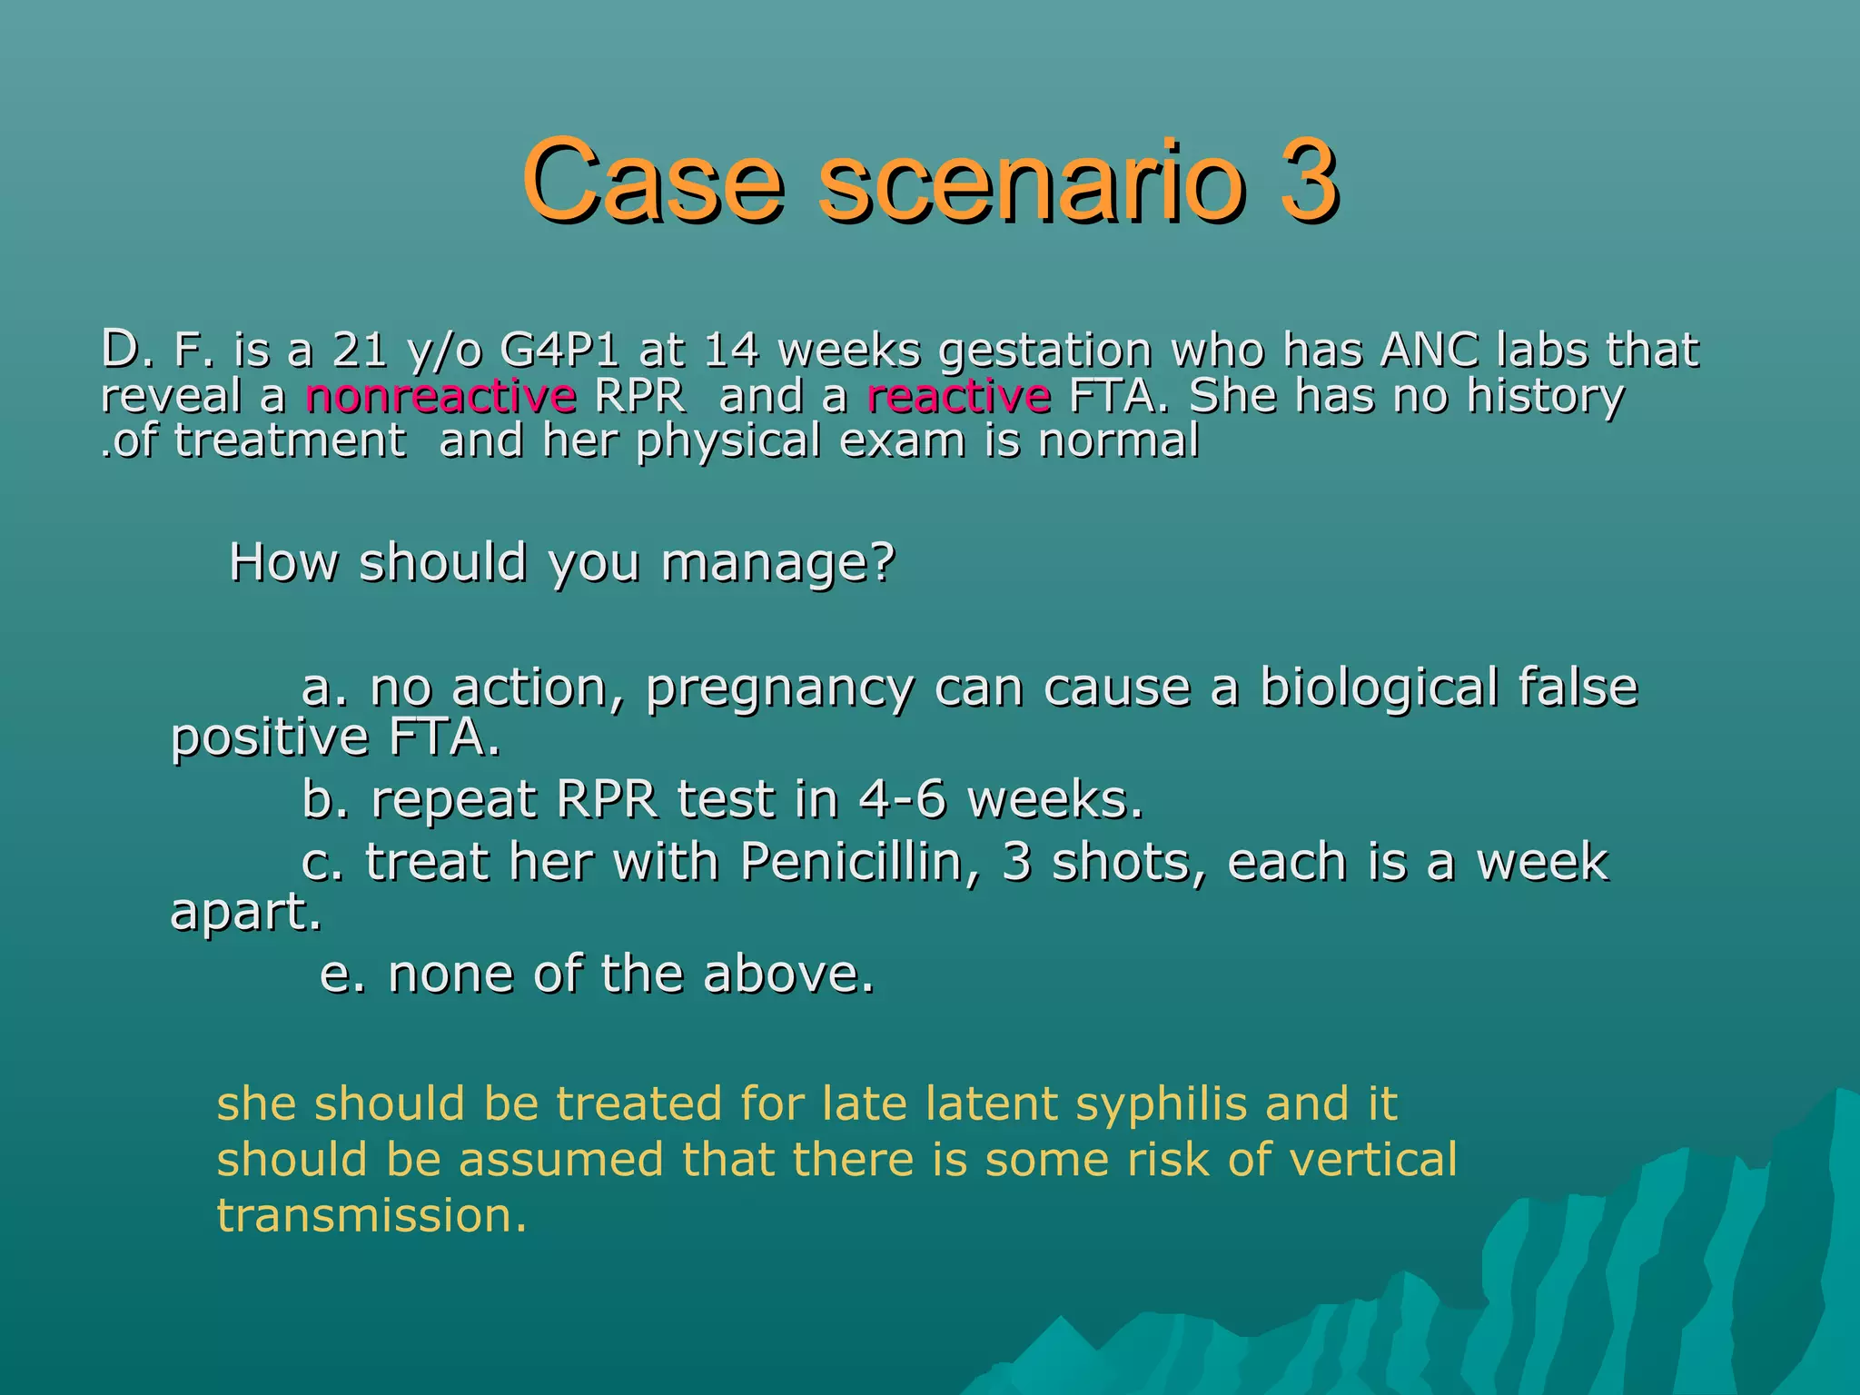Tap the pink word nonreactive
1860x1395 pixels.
(x=440, y=396)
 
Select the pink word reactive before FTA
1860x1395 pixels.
(x=959, y=396)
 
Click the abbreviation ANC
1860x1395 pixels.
(x=1429, y=350)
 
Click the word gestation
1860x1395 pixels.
(x=1045, y=351)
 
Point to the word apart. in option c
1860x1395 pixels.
(x=246, y=912)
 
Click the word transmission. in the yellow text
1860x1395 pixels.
(x=371, y=1215)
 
